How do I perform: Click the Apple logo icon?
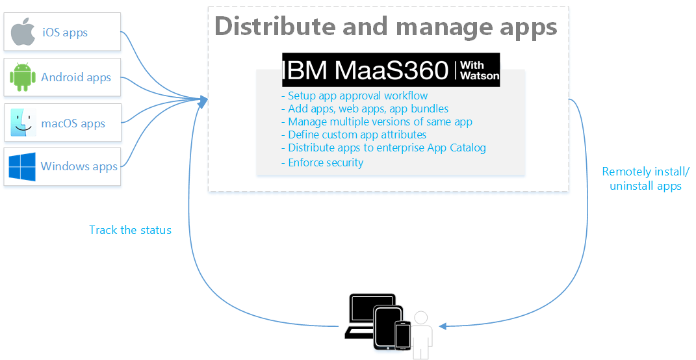click(x=23, y=32)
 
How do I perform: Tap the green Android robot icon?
click(x=22, y=77)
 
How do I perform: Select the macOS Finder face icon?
click(x=22, y=123)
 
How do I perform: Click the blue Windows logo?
click(x=22, y=166)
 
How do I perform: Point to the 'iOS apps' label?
click(x=65, y=32)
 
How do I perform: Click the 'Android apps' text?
click(x=76, y=77)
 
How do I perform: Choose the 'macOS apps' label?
click(x=73, y=123)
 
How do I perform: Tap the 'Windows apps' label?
click(x=79, y=166)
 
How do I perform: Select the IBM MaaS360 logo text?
click(x=366, y=70)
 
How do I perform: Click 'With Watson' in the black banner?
click(x=480, y=70)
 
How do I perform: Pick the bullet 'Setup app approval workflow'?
click(x=354, y=96)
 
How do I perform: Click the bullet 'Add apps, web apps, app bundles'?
click(x=365, y=109)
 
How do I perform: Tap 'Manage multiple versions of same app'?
click(x=376, y=122)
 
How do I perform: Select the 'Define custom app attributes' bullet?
click(x=354, y=135)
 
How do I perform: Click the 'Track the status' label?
click(x=130, y=230)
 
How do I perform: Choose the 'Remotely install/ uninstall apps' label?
click(x=645, y=179)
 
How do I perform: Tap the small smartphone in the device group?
click(x=403, y=335)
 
